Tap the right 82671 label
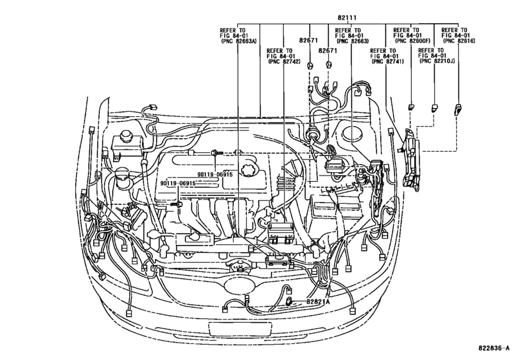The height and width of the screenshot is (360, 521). click(330, 57)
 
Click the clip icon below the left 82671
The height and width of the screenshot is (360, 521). click(311, 66)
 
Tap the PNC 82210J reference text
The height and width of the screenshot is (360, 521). click(435, 63)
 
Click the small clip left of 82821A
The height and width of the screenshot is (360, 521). click(290, 300)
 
